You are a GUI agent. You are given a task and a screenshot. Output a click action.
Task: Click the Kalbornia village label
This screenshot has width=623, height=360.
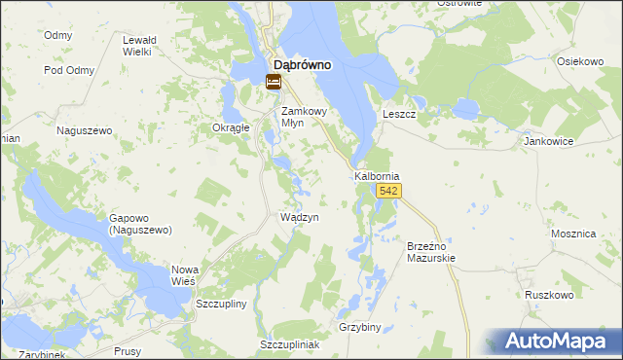(377, 176)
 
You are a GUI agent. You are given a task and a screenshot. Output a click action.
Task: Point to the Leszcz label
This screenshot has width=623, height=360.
(400, 114)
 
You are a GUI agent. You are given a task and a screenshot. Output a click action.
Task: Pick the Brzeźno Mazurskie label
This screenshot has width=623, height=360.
(430, 253)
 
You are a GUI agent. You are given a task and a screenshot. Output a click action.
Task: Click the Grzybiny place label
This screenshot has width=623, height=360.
(359, 327)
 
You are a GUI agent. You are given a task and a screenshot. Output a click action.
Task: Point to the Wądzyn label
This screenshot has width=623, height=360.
(300, 218)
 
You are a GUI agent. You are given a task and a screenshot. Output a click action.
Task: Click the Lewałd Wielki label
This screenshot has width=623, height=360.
(137, 46)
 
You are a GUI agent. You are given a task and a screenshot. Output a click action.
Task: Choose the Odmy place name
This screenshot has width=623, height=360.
(58, 35)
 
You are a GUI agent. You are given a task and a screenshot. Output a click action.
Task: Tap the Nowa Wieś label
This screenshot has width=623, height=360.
(185, 274)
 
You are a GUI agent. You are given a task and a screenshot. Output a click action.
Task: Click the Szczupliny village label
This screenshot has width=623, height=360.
(222, 304)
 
